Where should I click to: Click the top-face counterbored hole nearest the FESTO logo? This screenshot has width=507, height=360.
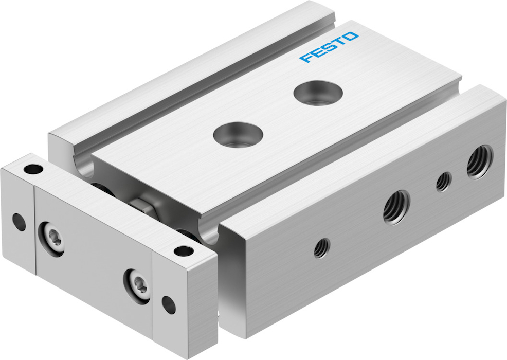pos(318,93)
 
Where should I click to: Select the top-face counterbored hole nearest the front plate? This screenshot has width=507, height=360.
pos(238,134)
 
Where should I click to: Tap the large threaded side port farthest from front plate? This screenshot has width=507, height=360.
pos(480,161)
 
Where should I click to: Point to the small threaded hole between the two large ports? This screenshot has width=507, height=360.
pos(444,182)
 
